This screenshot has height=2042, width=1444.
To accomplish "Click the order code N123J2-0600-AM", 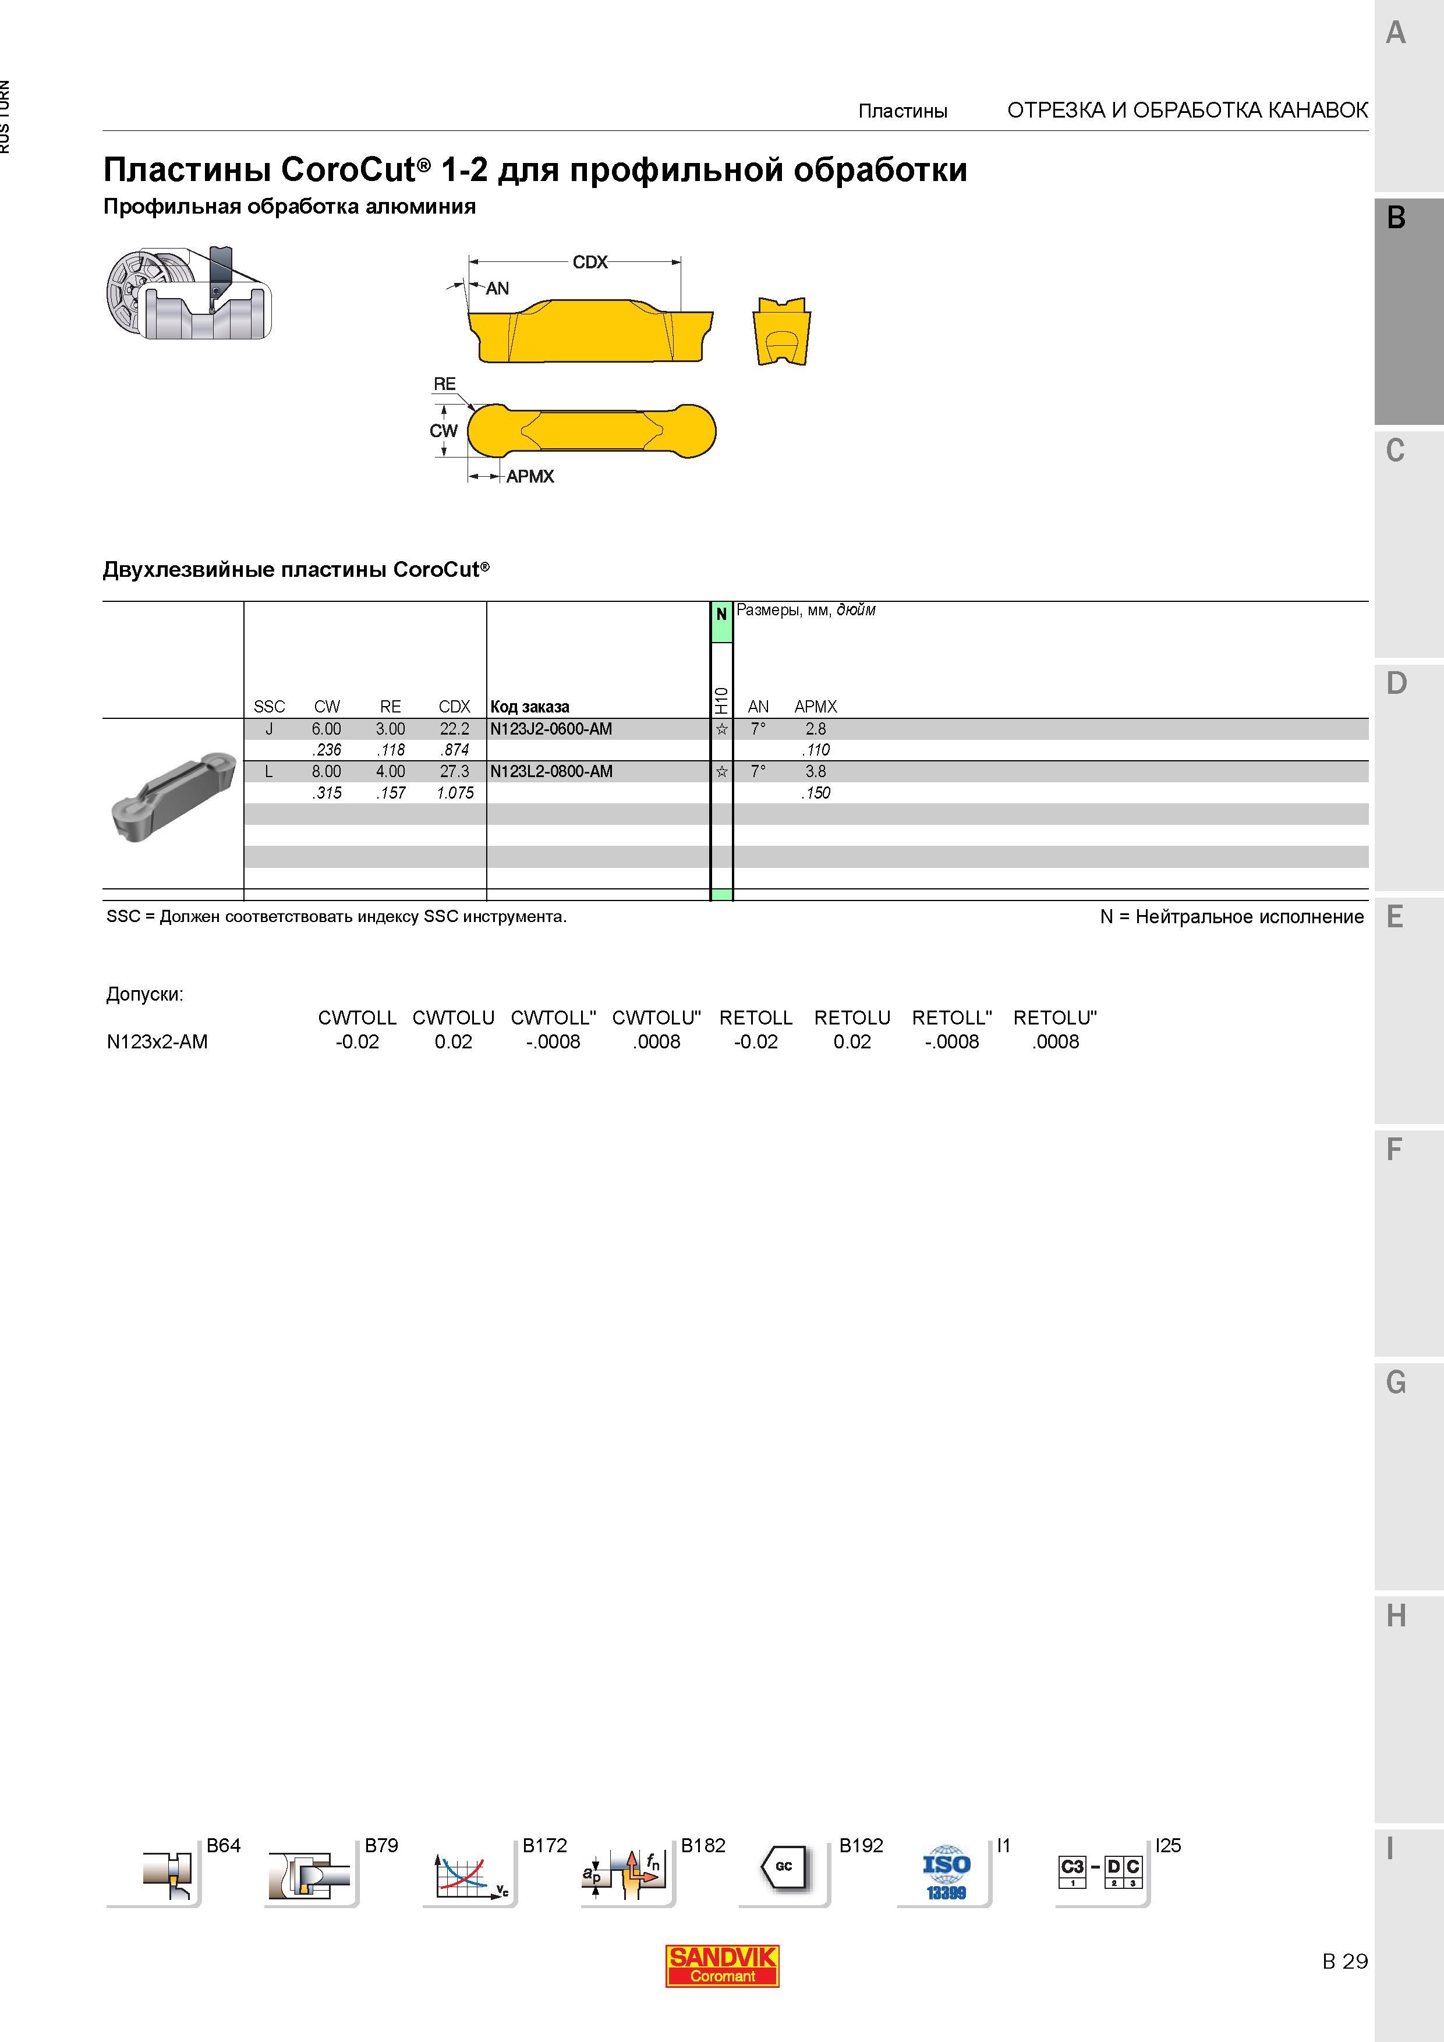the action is point(551,729).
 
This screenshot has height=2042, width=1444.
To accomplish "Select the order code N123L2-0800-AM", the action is point(551,772).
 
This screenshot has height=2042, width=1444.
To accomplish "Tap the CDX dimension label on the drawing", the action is point(590,263).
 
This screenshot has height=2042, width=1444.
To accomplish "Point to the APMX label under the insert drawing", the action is point(530,477).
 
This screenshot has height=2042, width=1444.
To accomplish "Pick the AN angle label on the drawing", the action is point(497,288).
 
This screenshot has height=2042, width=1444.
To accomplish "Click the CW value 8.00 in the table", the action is point(327,772).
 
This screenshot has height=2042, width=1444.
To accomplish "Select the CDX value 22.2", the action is point(455,729).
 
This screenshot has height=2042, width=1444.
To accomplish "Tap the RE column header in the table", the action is point(391,707).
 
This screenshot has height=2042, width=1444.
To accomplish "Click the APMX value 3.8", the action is point(816,772).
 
